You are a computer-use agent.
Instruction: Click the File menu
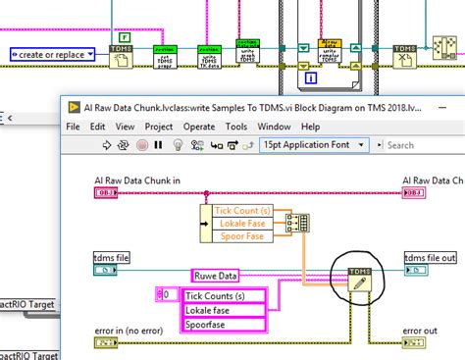tap(73, 127)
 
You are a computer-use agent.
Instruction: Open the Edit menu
tap(99, 127)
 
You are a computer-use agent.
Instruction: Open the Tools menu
tap(236, 127)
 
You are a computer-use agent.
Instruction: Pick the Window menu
tap(275, 127)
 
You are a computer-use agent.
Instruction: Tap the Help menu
tap(311, 127)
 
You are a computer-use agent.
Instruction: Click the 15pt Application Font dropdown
tap(314, 145)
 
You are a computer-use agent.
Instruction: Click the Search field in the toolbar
tap(417, 145)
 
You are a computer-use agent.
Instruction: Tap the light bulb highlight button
tap(178, 145)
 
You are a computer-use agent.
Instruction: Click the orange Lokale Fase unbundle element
tap(239, 224)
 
